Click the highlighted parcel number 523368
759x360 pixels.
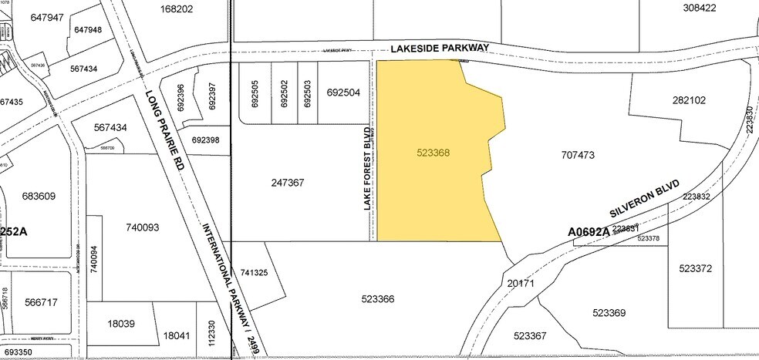point(433,153)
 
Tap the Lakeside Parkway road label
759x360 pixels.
point(440,48)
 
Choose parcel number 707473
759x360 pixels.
point(578,155)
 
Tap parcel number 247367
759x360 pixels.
point(288,183)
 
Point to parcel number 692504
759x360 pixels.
point(343,92)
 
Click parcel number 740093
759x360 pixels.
point(142,227)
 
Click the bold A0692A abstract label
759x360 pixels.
point(589,231)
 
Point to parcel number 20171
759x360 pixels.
point(521,283)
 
